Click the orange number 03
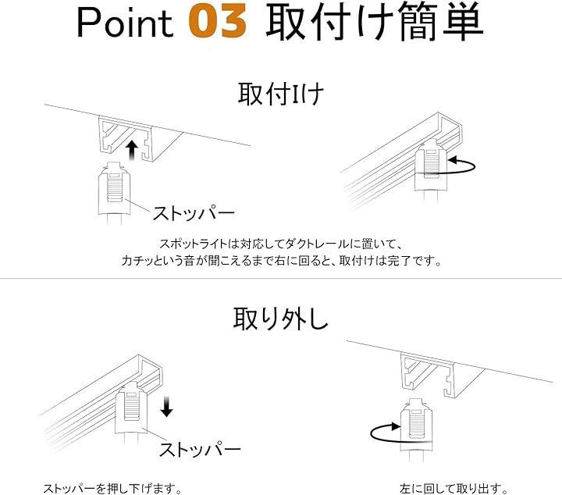[x=218, y=23]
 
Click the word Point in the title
[x=125, y=23]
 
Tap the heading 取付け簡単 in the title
[x=375, y=22]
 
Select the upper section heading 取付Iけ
[x=281, y=94]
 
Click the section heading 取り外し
[x=281, y=319]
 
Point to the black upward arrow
[x=132, y=150]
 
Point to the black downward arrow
[x=167, y=407]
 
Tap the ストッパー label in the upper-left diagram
[x=194, y=213]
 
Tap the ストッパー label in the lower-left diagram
[x=200, y=450]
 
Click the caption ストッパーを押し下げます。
[x=113, y=488]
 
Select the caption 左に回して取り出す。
[x=454, y=488]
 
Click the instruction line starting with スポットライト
[x=281, y=244]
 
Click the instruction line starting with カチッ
[x=281, y=261]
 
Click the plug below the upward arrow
[x=114, y=193]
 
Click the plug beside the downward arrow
[x=132, y=411]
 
